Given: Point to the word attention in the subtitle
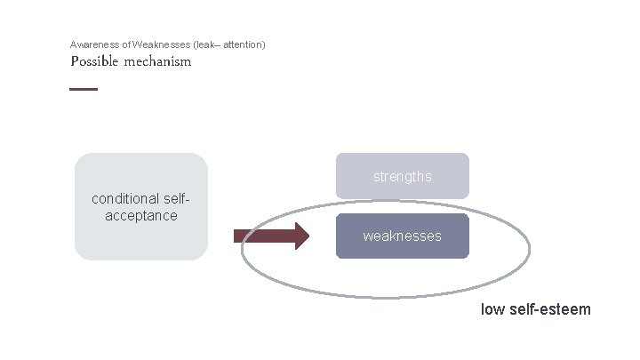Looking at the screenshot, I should coord(244,44).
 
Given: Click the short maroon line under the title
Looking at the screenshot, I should coord(84,89).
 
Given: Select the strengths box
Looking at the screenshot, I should coord(402,176).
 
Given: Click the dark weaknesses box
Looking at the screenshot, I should coord(402,236).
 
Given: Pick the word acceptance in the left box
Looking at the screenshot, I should coord(140,215).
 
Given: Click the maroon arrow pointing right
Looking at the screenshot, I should coord(270,236).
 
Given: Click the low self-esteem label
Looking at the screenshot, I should coord(535,309).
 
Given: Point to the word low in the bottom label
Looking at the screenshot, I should coord(492,309).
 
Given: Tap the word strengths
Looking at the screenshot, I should coord(402,176).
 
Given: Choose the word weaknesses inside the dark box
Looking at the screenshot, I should coord(402,236).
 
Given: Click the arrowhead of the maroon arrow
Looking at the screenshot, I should coord(300,236).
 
